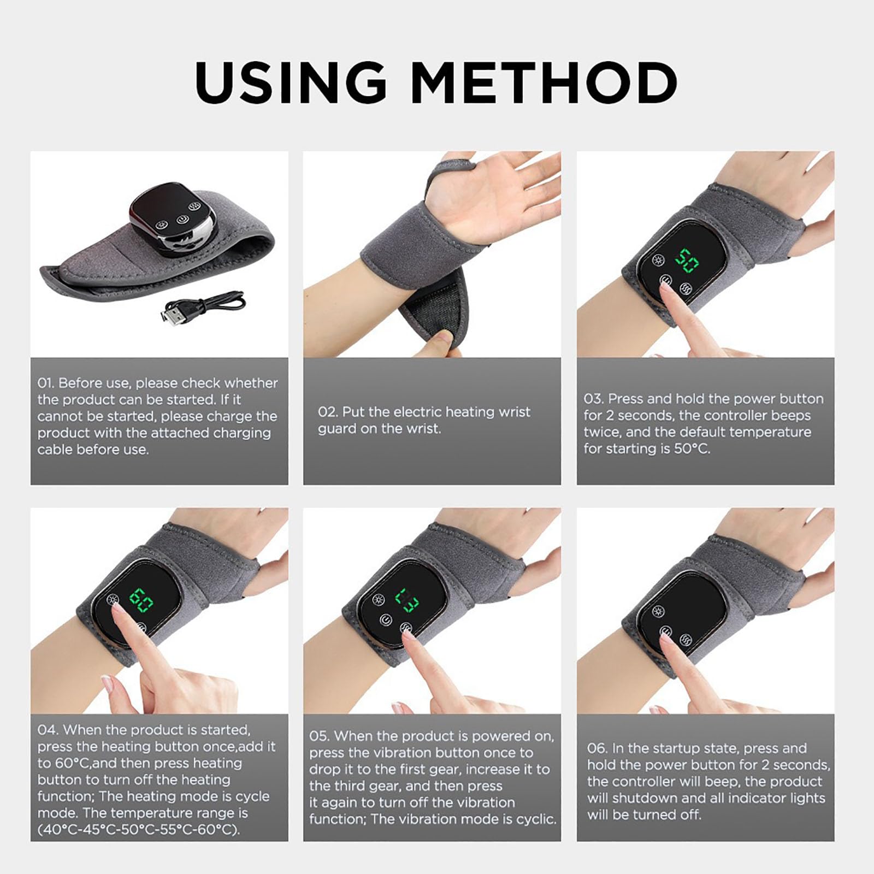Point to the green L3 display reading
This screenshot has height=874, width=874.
(408, 599)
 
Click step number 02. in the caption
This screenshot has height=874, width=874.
(328, 412)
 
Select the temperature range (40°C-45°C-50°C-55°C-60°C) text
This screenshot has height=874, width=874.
(139, 830)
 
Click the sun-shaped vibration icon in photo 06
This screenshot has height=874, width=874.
(659, 611)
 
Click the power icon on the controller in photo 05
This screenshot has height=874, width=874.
(386, 620)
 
